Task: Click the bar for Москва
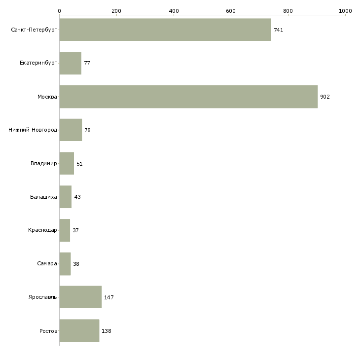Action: click(x=188, y=97)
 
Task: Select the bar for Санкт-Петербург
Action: click(x=165, y=30)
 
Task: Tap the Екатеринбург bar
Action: click(x=70, y=63)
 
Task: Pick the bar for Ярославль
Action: click(x=80, y=297)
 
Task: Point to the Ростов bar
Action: click(x=79, y=331)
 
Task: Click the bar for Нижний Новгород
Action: click(x=71, y=130)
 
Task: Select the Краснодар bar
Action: click(x=65, y=230)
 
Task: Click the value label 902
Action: click(x=324, y=97)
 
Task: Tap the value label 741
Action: click(x=279, y=30)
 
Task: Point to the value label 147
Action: click(x=109, y=297)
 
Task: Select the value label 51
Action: click(x=79, y=164)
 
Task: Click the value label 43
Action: click(x=77, y=197)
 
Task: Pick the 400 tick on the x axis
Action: click(x=174, y=10)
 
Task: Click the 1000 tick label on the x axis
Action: click(x=345, y=10)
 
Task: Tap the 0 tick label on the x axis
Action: click(x=59, y=10)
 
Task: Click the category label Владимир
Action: click(x=43, y=164)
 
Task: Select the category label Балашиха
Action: click(x=43, y=197)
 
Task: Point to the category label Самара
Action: click(x=47, y=264)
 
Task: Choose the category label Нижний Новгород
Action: click(x=33, y=130)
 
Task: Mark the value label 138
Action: click(x=107, y=331)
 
